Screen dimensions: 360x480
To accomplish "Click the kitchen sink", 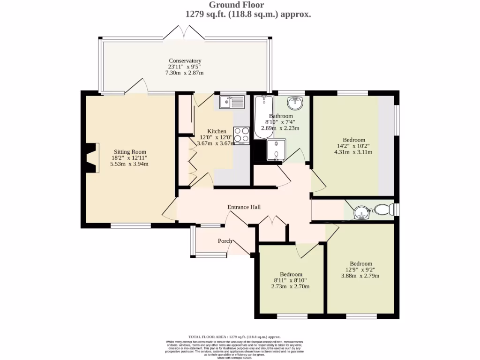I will coord(232,101).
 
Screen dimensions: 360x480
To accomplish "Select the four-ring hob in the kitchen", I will coord(241,135).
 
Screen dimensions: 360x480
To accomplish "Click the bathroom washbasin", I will coord(295,102).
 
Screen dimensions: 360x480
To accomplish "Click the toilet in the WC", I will coord(386,209).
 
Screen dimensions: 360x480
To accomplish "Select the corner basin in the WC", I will coord(361,213).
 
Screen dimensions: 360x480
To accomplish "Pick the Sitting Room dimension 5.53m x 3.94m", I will coord(129,164).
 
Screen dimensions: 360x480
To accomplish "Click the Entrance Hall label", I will coord(244,207).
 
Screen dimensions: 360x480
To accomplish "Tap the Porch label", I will coord(225,241).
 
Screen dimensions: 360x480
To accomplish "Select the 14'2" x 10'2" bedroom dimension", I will coord(354,146).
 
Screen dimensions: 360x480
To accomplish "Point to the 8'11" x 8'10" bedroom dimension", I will coord(291,280).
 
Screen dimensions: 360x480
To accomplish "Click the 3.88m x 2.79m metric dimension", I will coord(360,276).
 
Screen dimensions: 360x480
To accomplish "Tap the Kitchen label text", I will coord(217,131).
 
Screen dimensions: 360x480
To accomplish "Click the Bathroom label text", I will coord(281,116).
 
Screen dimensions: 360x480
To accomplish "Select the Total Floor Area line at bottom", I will coord(234,337).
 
